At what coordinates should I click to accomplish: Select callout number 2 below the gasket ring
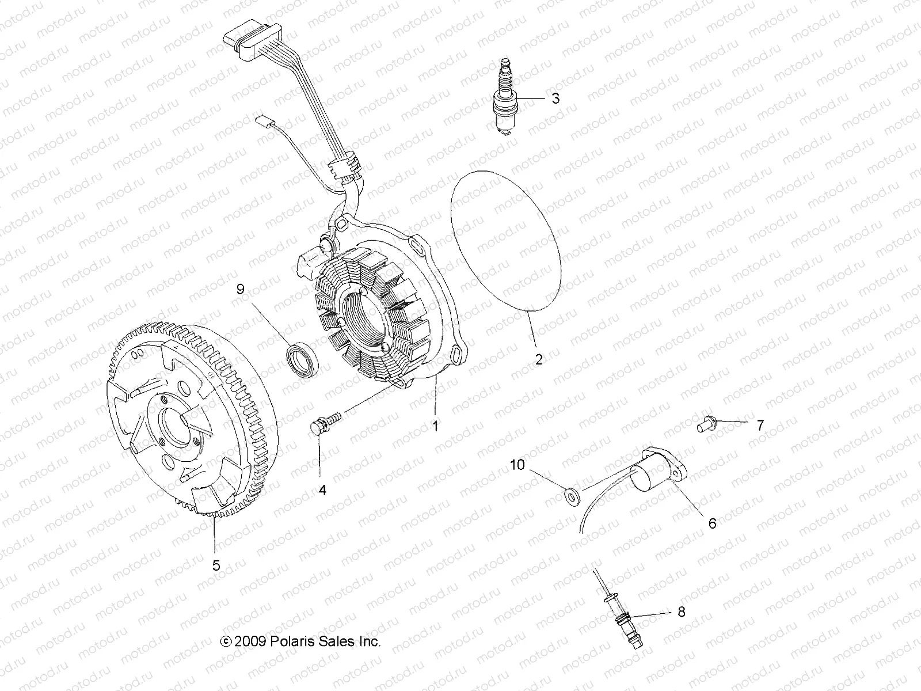539,360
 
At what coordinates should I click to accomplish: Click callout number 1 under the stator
452,426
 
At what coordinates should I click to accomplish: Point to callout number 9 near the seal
241,290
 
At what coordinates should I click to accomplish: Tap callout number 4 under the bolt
322,490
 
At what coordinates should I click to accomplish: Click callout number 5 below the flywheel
216,565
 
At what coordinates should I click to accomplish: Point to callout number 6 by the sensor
712,523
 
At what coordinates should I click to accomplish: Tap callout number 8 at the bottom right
682,612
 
